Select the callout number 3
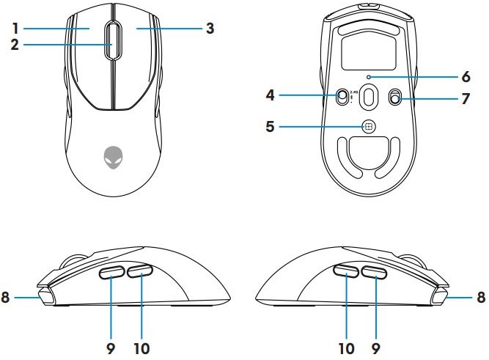(x=210, y=29)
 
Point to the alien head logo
(x=113, y=155)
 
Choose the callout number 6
(x=465, y=76)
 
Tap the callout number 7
(x=465, y=97)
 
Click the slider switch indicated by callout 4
(x=342, y=97)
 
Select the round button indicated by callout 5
(x=368, y=126)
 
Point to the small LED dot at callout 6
(x=368, y=76)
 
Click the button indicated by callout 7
(x=396, y=97)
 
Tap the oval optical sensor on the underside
(x=368, y=96)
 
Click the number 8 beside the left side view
(x=7, y=298)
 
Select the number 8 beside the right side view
(x=481, y=298)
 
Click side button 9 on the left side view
(x=112, y=273)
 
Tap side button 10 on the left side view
(x=139, y=272)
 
